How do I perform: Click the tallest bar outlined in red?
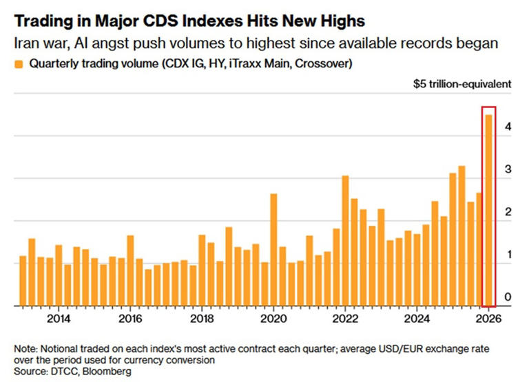point(488,210)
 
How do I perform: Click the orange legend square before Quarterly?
point(19,65)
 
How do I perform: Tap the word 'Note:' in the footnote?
point(28,348)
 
